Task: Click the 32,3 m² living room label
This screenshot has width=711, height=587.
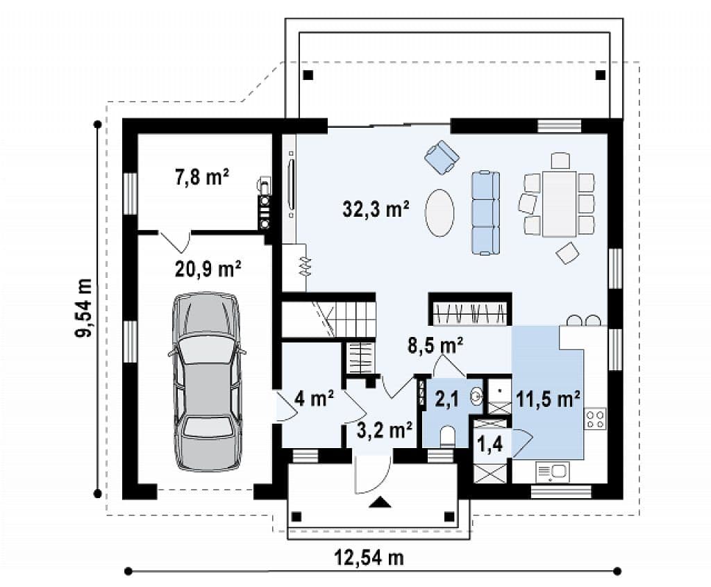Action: click(x=376, y=209)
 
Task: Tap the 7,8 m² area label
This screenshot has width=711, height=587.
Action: click(x=202, y=177)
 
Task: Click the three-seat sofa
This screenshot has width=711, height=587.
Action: click(x=485, y=213)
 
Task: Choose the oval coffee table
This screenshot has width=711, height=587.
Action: click(x=440, y=213)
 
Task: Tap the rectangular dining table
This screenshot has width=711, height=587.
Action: click(x=560, y=204)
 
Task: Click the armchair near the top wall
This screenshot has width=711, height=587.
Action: click(x=442, y=156)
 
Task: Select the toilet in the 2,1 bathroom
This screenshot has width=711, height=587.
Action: click(x=447, y=437)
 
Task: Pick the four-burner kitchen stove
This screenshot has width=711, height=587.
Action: click(x=595, y=419)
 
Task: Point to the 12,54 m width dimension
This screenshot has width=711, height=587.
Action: click(x=369, y=557)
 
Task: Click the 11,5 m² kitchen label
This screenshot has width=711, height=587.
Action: click(x=549, y=399)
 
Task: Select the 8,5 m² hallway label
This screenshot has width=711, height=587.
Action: click(x=435, y=345)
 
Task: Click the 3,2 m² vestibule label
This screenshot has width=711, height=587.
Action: click(x=385, y=430)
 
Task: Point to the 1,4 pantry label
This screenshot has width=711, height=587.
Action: click(x=490, y=445)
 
